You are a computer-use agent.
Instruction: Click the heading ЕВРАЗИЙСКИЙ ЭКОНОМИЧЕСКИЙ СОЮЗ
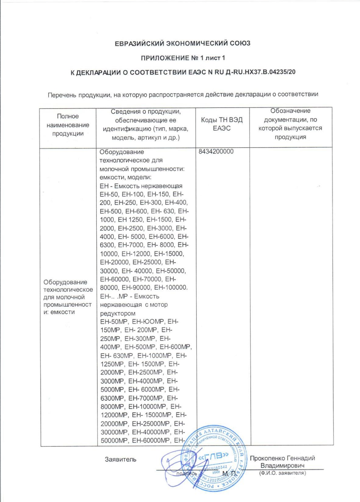[x=182, y=44]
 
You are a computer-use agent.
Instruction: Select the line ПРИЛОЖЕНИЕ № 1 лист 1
[x=183, y=58]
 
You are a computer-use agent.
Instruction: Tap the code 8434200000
[x=216, y=152]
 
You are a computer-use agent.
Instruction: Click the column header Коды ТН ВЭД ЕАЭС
[x=222, y=124]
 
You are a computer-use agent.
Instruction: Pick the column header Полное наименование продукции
[x=68, y=125]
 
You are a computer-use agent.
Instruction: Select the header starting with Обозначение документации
[x=290, y=124]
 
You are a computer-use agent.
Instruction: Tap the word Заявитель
[x=121, y=459]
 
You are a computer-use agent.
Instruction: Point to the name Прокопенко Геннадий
[x=282, y=458]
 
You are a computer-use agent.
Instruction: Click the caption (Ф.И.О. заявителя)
[x=282, y=473]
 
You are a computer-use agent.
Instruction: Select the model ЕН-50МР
[x=114, y=321]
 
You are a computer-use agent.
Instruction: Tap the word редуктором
[x=118, y=313]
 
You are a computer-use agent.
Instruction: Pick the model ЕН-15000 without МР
[x=169, y=254]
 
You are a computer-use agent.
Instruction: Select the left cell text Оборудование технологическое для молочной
[x=68, y=290]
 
